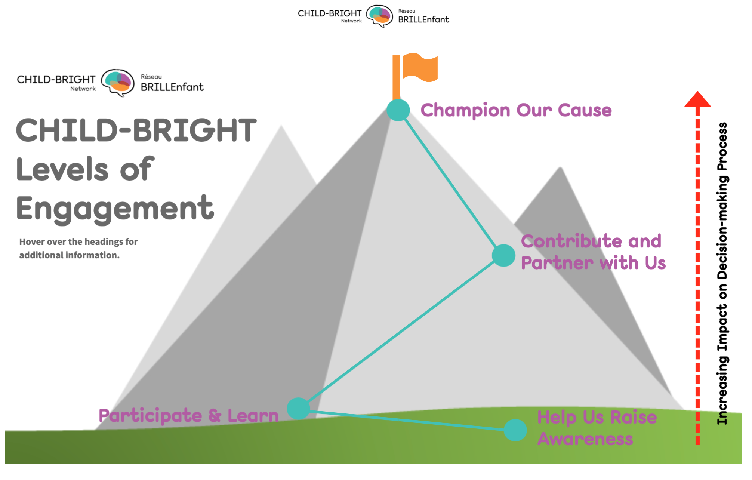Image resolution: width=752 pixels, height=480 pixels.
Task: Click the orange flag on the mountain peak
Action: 420,67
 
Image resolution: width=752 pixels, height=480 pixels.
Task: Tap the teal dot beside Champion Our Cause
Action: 398,110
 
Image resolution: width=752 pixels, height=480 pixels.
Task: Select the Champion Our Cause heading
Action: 516,110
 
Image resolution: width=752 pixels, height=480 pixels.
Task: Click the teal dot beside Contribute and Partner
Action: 503,255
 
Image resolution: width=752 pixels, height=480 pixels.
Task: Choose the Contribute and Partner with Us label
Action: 593,252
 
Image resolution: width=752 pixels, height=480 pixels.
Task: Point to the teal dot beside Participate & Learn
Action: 298,408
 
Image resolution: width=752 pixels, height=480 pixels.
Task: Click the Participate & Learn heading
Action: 189,416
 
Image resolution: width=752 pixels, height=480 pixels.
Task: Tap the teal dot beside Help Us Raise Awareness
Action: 515,430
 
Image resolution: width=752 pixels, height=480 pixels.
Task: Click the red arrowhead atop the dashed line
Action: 697,99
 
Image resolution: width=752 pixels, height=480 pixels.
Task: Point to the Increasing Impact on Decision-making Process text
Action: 722,273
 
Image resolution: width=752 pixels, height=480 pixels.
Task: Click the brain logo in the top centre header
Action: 379,16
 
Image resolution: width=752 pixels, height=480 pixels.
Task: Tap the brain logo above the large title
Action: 118,82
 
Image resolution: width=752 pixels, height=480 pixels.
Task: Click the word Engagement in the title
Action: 115,209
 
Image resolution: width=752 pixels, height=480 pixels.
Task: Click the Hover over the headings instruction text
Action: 78,248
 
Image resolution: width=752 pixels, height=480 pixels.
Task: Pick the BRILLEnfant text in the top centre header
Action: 423,19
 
